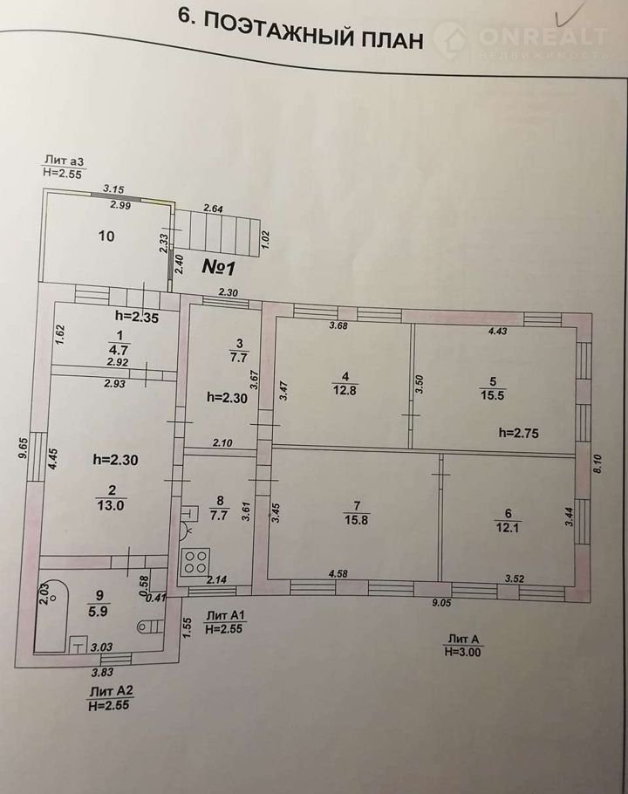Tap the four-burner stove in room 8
pos(196,562)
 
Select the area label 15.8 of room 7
pos(356,519)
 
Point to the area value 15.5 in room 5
pos(493,395)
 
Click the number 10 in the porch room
pos(106,236)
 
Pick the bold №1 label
pos(218,267)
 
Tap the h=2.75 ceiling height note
pos(519,433)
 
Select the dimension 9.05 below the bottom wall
pos(441,603)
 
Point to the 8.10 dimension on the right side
pos(597,463)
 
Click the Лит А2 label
pos(112,691)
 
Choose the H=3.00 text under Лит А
pos(462,653)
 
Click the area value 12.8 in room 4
pos(345,390)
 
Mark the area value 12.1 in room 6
pos(509,528)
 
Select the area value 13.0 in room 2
pos(110,505)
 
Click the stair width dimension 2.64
pos(213,208)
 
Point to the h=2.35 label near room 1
pos(137,318)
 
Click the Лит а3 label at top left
pos(64,161)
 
